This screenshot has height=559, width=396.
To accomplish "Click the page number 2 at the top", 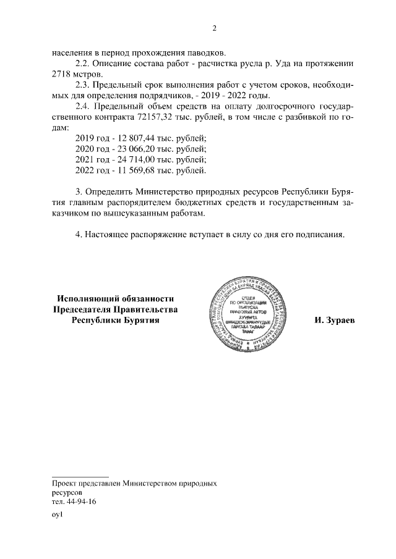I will point(214,28).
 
